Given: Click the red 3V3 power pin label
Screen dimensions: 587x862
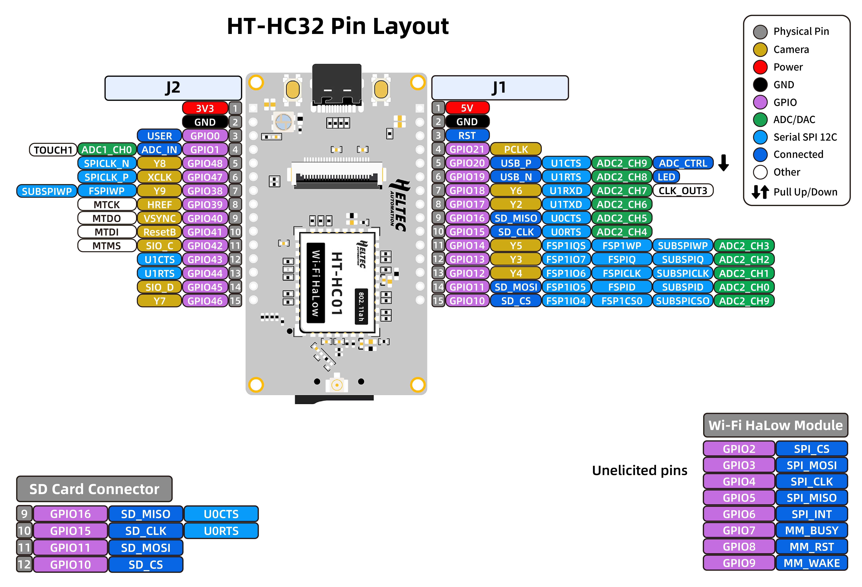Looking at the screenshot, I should click(x=205, y=108).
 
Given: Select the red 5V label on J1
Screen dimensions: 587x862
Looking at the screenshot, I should click(x=467, y=108).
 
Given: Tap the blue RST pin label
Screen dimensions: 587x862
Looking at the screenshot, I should click(x=467, y=135).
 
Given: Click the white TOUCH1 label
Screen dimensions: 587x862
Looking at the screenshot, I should click(x=53, y=150).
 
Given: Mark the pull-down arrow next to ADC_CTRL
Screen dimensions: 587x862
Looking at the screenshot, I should click(x=723, y=163).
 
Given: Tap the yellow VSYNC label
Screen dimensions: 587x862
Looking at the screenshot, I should click(x=160, y=218).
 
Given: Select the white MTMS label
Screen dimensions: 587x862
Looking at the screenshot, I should click(x=107, y=246).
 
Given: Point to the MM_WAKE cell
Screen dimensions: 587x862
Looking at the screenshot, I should click(x=812, y=563).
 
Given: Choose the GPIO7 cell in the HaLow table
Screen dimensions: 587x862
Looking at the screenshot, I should click(x=739, y=530).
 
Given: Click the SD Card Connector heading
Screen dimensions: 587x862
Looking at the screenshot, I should click(x=94, y=489).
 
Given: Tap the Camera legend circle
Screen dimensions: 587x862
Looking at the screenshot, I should click(x=760, y=49).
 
